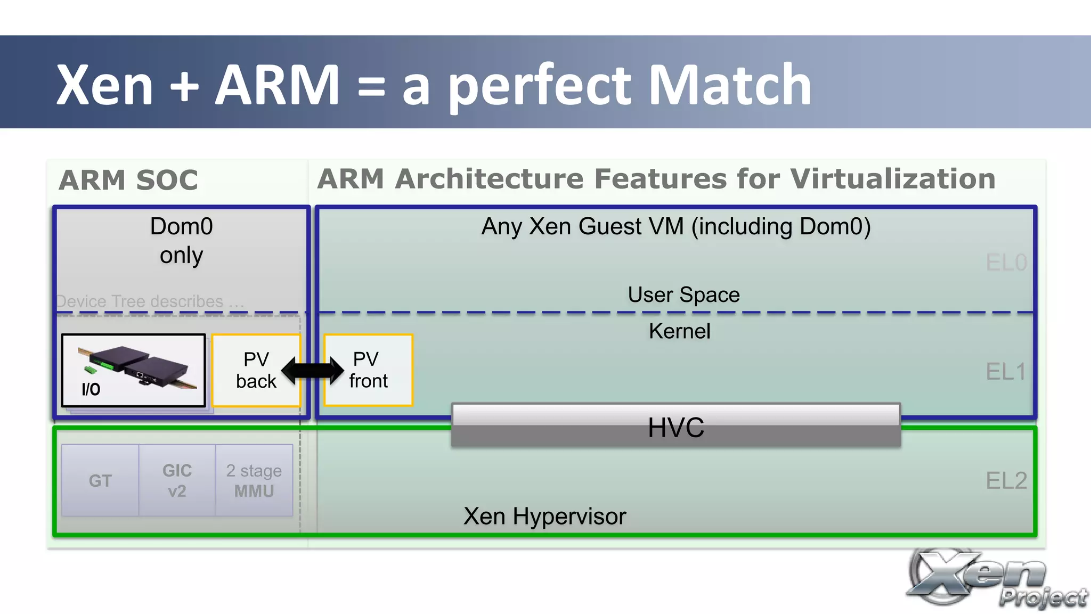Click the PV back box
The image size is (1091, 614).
click(x=256, y=370)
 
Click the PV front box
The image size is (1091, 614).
click(x=368, y=370)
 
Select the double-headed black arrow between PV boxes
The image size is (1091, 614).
click(x=312, y=370)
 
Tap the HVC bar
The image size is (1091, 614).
click(x=675, y=425)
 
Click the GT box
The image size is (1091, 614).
click(x=100, y=480)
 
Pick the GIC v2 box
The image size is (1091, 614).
click(x=177, y=480)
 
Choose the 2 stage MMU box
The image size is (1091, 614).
click(x=254, y=480)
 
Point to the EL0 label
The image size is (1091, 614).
click(x=1006, y=263)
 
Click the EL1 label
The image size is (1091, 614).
click(x=1006, y=372)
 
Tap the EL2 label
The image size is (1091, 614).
click(x=1006, y=480)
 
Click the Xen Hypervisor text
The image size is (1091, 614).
click(x=544, y=516)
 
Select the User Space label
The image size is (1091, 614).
click(x=683, y=294)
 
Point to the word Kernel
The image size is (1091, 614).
click(x=679, y=331)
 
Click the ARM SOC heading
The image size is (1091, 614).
click(x=128, y=180)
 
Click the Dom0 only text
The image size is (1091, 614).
click(x=181, y=241)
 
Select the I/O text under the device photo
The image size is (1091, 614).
click(x=91, y=389)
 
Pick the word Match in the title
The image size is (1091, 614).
click(x=730, y=85)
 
